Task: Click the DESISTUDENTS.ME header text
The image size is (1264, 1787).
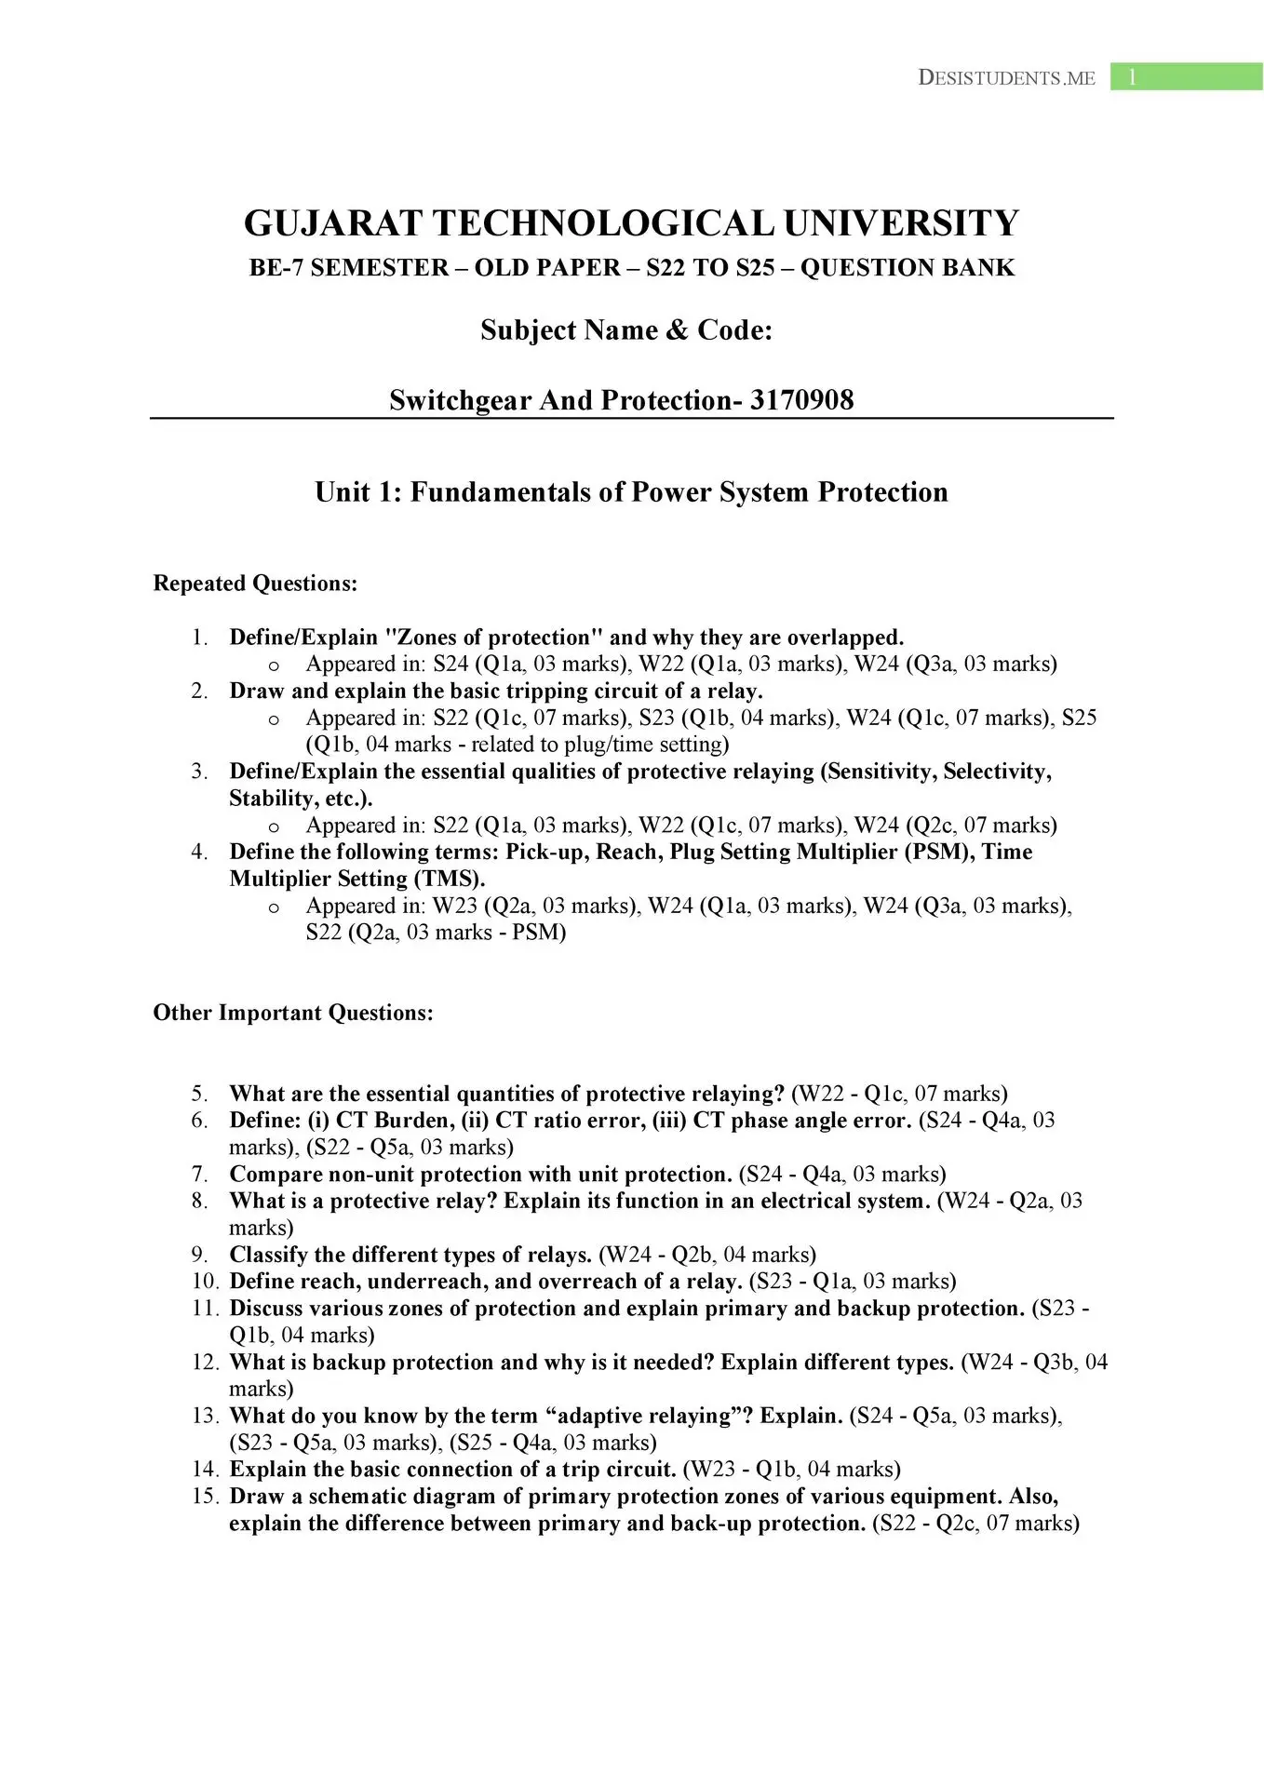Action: click(x=1006, y=78)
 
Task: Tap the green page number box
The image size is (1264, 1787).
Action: click(x=1186, y=77)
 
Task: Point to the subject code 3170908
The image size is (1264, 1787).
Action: click(x=801, y=400)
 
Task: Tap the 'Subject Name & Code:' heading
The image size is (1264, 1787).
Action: click(x=626, y=330)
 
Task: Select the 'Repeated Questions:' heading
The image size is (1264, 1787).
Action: click(x=255, y=584)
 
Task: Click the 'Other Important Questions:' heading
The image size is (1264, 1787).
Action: click(x=293, y=1013)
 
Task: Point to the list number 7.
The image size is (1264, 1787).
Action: click(x=199, y=1175)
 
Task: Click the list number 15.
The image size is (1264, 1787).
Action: click(x=205, y=1497)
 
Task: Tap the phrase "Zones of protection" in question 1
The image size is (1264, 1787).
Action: click(x=494, y=638)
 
